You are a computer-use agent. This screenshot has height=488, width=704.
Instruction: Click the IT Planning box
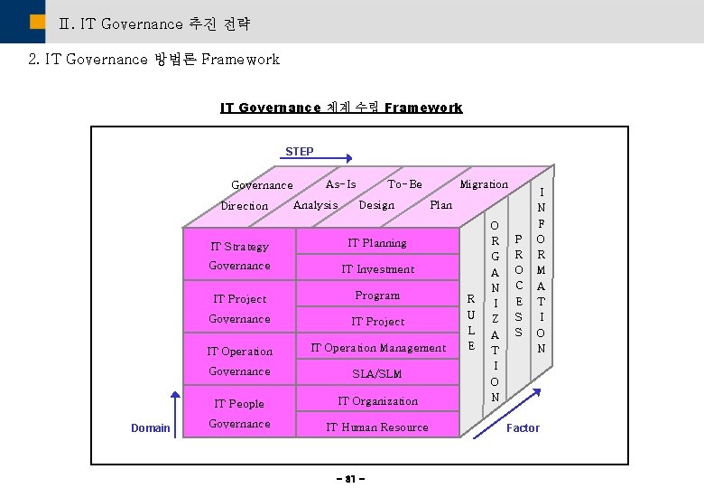click(377, 242)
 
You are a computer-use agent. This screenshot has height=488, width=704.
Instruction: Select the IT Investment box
click(377, 268)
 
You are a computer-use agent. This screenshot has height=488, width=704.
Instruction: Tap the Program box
click(377, 295)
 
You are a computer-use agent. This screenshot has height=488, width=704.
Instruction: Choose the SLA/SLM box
click(377, 373)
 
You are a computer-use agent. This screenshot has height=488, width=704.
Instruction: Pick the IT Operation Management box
click(377, 347)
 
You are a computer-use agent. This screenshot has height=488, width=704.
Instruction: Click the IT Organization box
click(377, 400)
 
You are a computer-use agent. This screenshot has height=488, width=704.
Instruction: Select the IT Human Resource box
click(377, 427)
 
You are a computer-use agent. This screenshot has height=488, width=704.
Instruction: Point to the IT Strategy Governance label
click(239, 255)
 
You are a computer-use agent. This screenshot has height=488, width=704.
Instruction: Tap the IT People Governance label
click(239, 413)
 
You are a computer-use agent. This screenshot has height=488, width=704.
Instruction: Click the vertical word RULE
click(470, 321)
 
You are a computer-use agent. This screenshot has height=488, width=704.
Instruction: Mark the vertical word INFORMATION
click(542, 269)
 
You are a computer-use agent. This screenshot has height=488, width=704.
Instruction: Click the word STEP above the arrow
click(300, 151)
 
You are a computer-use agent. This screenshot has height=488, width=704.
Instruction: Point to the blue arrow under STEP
click(316, 159)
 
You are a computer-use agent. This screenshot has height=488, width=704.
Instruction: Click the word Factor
click(523, 427)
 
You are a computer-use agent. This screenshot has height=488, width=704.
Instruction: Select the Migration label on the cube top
click(484, 183)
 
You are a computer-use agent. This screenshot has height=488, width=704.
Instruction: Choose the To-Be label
click(405, 183)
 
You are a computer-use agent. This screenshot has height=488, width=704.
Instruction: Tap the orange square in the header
click(37, 22)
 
